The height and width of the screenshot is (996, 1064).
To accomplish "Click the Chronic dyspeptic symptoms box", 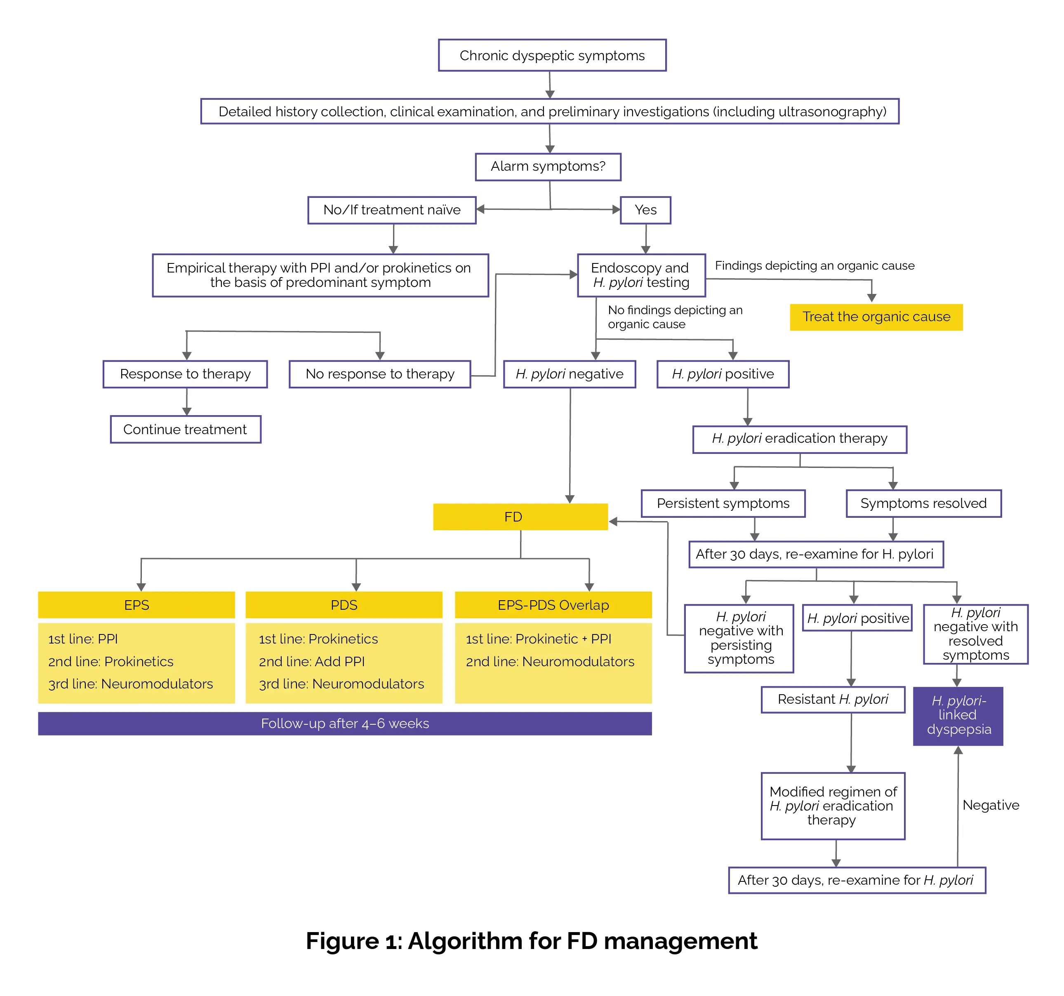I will tap(552, 56).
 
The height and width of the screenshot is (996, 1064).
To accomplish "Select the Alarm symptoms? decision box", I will tap(548, 167).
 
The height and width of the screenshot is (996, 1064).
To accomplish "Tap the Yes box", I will tap(645, 210).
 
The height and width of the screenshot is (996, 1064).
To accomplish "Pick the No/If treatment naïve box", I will tap(392, 210).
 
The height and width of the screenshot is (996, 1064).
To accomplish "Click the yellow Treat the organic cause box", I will tap(876, 317).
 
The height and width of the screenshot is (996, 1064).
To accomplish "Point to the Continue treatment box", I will tap(185, 430).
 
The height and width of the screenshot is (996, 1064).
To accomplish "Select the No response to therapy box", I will tap(379, 374).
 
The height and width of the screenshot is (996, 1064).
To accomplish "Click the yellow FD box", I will tap(520, 517).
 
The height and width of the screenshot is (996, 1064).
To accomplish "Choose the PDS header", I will tap(344, 605).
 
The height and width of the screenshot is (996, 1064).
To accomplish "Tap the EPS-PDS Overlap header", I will tap(553, 605).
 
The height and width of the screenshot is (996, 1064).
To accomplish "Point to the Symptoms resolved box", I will tap(923, 503).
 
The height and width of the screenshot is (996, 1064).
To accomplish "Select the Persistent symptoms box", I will tap(723, 503).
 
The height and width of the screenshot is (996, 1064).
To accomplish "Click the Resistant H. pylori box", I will tap(833, 700).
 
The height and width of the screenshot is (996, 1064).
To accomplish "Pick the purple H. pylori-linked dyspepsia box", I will tap(958, 716).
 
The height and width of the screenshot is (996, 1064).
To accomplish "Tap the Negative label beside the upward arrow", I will tap(991, 805).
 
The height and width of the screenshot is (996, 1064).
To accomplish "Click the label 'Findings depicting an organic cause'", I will tap(814, 266).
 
